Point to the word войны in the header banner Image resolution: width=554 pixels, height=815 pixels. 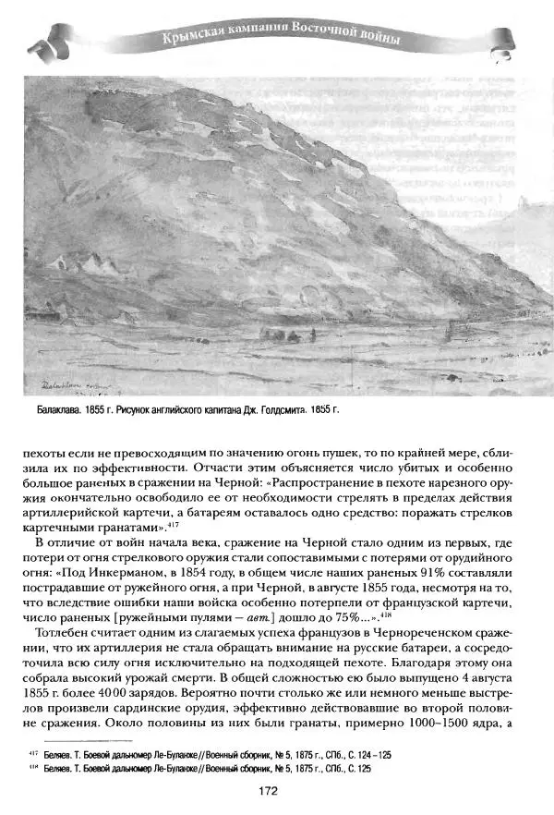[x=375, y=39]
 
